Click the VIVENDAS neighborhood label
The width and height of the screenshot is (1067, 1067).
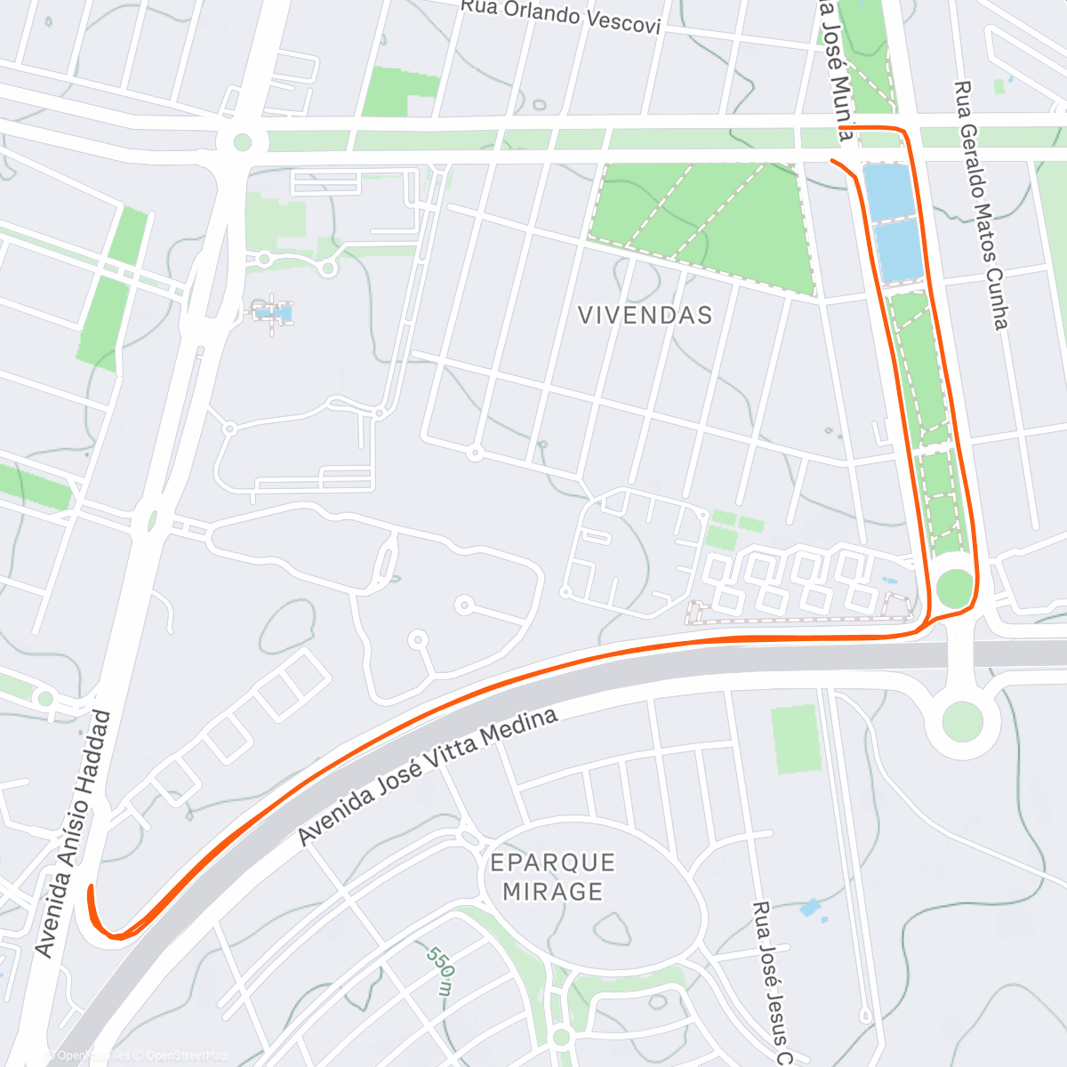(x=645, y=316)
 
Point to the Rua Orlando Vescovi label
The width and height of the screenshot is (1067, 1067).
(x=560, y=17)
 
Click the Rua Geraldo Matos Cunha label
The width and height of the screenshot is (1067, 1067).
(x=981, y=205)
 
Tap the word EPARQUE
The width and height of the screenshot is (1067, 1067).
(x=552, y=862)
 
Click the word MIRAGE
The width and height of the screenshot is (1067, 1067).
(x=552, y=891)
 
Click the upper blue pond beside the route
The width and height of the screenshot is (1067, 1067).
(x=889, y=190)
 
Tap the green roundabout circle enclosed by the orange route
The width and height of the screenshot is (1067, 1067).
(x=954, y=589)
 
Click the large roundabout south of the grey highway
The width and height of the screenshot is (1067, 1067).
(x=963, y=720)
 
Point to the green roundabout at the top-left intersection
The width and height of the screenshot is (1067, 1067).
(x=243, y=141)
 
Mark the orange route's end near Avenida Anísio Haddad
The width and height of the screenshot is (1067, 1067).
(x=90, y=887)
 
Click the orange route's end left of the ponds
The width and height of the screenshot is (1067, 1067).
(x=831, y=160)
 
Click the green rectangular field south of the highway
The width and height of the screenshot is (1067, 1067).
(x=795, y=739)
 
